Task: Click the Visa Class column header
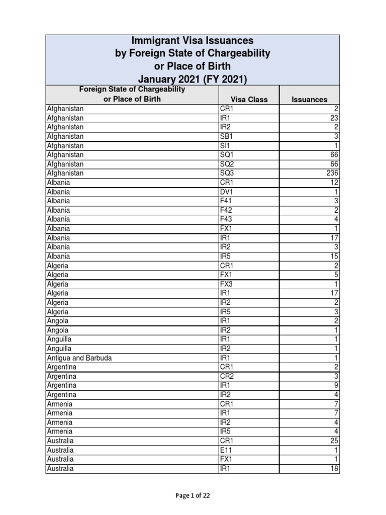tap(249, 100)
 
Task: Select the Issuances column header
tap(309, 100)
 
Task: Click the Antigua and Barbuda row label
tap(79, 358)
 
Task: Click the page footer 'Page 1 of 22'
tap(192, 495)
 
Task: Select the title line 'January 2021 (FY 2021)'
tap(192, 79)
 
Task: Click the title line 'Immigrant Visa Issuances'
tap(192, 41)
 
